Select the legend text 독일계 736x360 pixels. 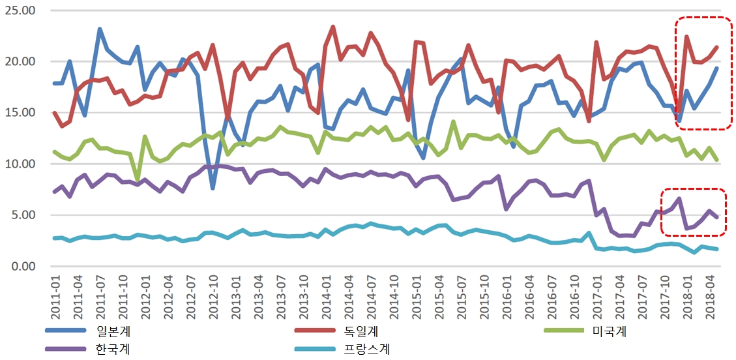[362, 332]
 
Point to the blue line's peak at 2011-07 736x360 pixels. [100, 29]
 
